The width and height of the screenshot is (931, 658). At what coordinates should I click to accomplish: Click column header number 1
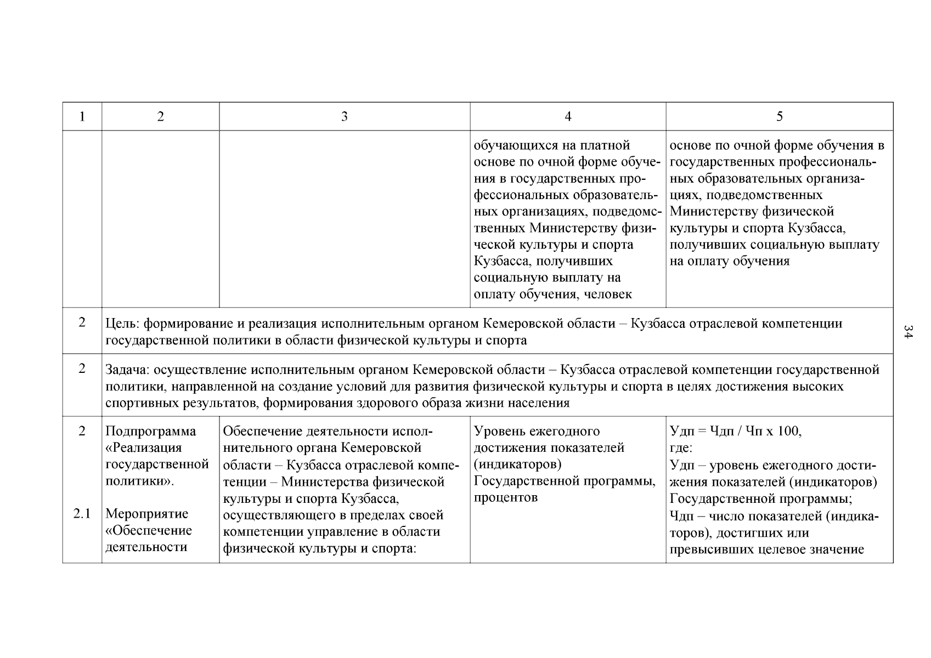click(x=82, y=116)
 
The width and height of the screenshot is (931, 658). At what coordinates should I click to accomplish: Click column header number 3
click(x=344, y=116)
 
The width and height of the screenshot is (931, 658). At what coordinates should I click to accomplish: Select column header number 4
click(x=568, y=116)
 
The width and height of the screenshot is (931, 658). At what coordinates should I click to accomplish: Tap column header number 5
click(x=780, y=116)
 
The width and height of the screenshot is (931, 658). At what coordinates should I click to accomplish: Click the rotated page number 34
click(x=908, y=331)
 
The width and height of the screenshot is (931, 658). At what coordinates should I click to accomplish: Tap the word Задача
click(x=125, y=370)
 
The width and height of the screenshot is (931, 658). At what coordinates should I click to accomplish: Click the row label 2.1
click(x=82, y=514)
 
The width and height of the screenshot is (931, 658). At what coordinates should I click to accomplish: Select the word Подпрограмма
click(x=150, y=431)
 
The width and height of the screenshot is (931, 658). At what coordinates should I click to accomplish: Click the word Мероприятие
click(x=146, y=514)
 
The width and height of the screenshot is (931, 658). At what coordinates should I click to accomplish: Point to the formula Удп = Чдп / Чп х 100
click(x=735, y=431)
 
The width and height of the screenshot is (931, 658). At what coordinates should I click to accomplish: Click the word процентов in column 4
click(x=505, y=497)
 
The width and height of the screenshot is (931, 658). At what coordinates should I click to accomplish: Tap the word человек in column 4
click(x=608, y=294)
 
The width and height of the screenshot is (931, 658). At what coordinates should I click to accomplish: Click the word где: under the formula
click(x=681, y=447)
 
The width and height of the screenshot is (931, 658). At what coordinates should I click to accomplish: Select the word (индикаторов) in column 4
click(x=517, y=464)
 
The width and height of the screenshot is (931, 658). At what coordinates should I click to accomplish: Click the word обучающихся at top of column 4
click(x=514, y=145)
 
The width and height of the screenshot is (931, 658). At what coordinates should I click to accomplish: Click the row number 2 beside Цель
click(x=82, y=322)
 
